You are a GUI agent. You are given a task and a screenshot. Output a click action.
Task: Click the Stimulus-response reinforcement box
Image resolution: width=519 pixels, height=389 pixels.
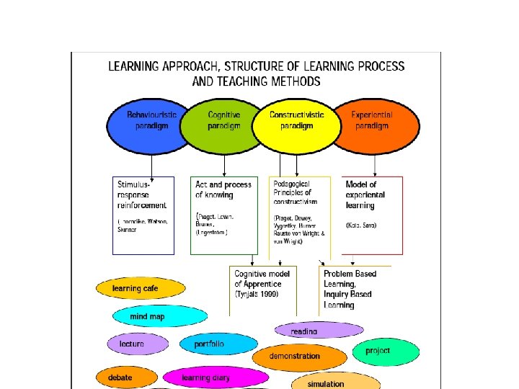[x=143, y=215]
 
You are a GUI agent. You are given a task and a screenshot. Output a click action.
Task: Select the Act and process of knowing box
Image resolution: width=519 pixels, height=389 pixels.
[x=224, y=215]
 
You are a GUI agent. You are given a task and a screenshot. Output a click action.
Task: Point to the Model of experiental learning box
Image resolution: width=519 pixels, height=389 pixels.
[x=372, y=215]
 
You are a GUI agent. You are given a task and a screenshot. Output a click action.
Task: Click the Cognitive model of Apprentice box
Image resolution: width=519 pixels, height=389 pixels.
[x=262, y=288]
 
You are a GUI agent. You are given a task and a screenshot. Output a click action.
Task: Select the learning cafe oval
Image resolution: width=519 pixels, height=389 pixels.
[x=141, y=289]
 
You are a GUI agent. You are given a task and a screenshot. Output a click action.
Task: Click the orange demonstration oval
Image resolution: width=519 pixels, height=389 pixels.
[x=299, y=356]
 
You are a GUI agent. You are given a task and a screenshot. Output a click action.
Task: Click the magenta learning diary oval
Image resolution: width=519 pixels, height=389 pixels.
[x=207, y=377]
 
